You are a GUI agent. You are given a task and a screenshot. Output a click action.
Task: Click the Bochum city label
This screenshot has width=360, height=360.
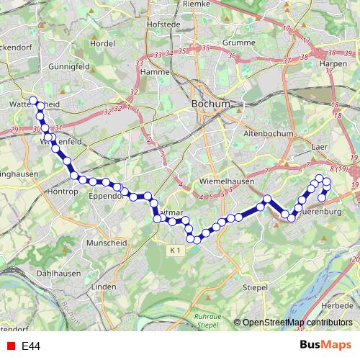point(210,104)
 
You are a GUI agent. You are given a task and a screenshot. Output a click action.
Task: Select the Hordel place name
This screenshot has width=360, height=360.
point(103,43)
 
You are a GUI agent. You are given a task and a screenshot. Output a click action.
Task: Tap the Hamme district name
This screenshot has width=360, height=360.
point(155,72)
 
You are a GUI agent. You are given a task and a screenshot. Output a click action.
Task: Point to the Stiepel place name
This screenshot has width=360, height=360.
point(256,287)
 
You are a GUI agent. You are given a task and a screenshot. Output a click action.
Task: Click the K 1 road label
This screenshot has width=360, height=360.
point(178,250)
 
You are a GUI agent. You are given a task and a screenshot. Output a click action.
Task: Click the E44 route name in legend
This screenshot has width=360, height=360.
point(30,346)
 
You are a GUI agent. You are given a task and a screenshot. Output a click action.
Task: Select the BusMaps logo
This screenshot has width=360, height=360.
point(325,346)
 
